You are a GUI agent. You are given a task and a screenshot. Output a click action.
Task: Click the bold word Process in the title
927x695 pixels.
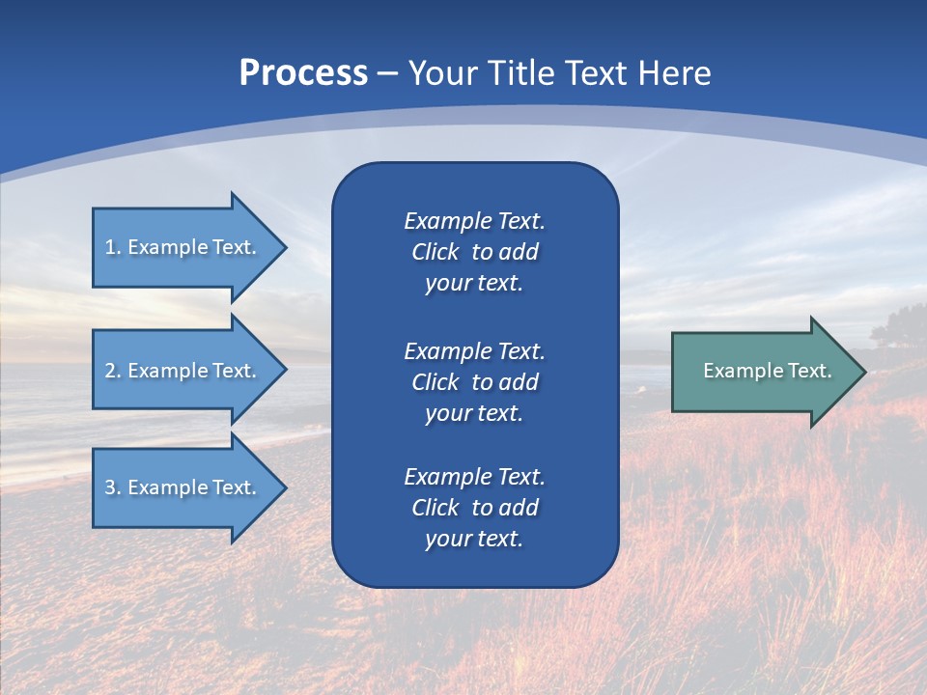tap(303, 73)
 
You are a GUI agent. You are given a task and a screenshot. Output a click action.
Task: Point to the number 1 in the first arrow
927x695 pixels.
tap(110, 247)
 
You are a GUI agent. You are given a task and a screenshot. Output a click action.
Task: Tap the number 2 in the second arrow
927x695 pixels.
tap(110, 371)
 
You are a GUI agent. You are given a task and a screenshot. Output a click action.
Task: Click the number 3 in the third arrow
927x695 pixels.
tap(110, 487)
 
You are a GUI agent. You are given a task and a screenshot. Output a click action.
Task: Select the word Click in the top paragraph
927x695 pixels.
tap(435, 252)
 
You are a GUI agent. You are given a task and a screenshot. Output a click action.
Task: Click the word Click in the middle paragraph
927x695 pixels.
tap(435, 382)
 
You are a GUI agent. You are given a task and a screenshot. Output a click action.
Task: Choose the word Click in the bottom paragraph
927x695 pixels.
tap(435, 508)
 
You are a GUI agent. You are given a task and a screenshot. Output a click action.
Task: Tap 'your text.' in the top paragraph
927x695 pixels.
tap(474, 284)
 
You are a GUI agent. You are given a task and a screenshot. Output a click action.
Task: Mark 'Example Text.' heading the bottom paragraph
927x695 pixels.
tap(474, 477)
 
